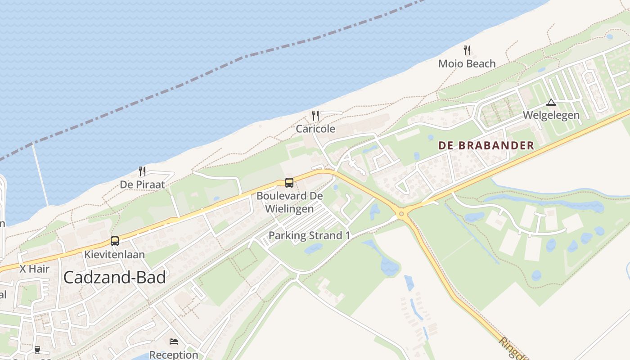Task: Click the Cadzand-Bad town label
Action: point(114,277)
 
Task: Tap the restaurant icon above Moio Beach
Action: point(467,50)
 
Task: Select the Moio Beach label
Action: point(467,64)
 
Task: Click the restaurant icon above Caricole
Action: point(315,116)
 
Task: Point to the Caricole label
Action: point(315,129)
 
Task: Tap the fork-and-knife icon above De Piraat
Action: point(142,171)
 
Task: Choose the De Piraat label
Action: point(142,185)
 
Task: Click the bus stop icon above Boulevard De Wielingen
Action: point(289,183)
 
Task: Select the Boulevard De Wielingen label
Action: point(289,202)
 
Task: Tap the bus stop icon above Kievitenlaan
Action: point(115,241)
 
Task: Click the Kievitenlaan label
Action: point(115,255)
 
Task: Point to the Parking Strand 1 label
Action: point(309,235)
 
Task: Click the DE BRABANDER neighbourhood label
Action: point(486,145)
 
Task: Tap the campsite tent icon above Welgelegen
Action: point(551,103)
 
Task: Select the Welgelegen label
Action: point(551,115)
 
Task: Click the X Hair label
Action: point(34,269)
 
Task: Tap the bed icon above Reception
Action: point(174,342)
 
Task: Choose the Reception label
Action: point(174,355)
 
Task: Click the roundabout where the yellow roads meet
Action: point(401,213)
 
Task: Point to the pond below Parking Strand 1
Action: point(313,248)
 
